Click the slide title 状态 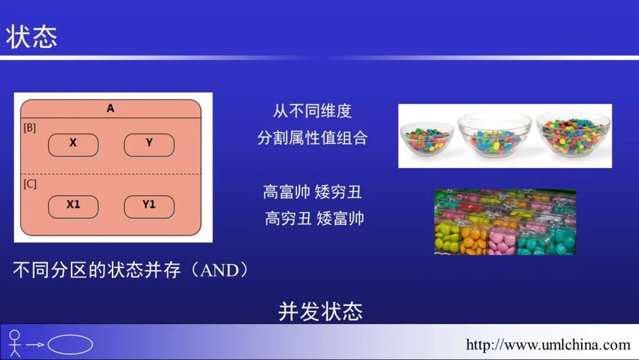coord(32,37)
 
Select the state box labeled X coord(73,144)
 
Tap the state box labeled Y coord(149,144)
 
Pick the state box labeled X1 coord(73,206)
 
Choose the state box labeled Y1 coord(149,206)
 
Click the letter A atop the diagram coord(111,109)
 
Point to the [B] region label coord(30,127)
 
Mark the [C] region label coord(30,184)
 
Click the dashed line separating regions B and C coord(111,174)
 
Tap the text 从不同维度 coord(312,111)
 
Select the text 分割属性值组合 coord(312,138)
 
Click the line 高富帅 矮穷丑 coord(312,192)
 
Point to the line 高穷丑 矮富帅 coord(314,218)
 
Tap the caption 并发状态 coord(320,311)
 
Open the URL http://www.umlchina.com coord(548,345)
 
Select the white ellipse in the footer coord(70,345)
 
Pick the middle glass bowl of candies coord(495,135)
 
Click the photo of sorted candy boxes coord(505,222)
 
